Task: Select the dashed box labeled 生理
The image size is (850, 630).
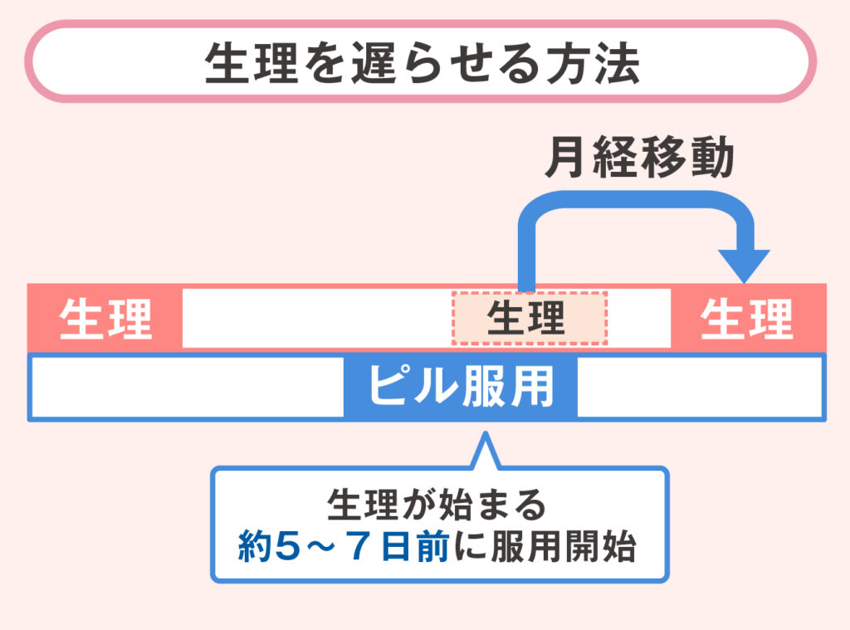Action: pyautogui.click(x=530, y=318)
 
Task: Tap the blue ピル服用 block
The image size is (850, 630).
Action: pyautogui.click(x=461, y=387)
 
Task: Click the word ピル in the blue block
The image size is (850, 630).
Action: pyautogui.click(x=402, y=387)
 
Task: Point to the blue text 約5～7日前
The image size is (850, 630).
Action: pyautogui.click(x=343, y=549)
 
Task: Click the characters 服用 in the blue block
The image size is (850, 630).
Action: pyautogui.click(x=508, y=387)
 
